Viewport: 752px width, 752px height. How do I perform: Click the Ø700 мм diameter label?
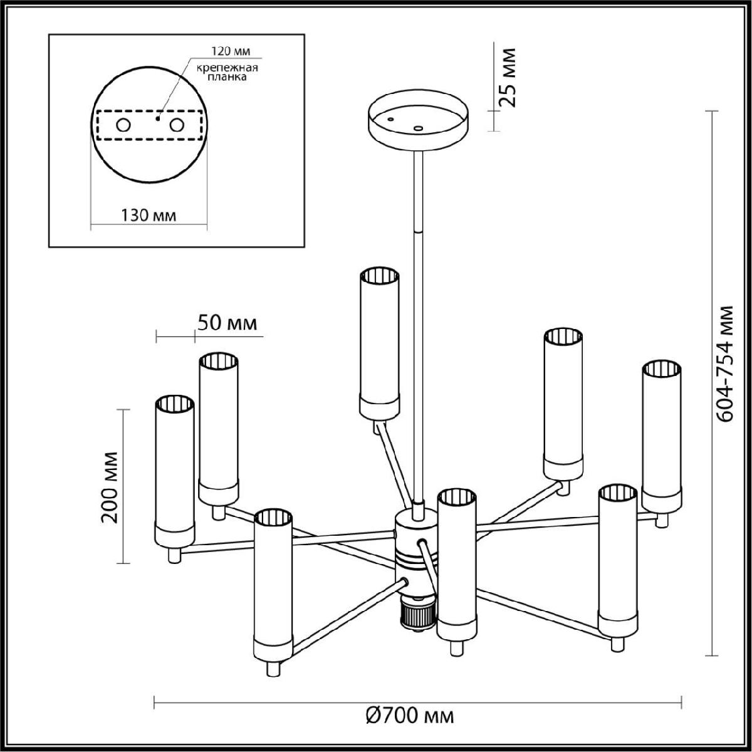[410, 714]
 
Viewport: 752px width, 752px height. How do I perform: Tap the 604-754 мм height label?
[726, 363]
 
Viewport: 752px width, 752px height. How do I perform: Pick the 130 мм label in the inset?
[148, 216]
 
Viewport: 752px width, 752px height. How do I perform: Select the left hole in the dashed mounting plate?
[123, 125]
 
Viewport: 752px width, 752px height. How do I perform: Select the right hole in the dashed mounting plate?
[177, 125]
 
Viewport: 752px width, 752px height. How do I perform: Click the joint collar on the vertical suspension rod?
[417, 231]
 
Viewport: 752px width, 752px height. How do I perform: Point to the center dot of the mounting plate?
[159, 117]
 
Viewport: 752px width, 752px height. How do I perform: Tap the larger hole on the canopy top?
[419, 128]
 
